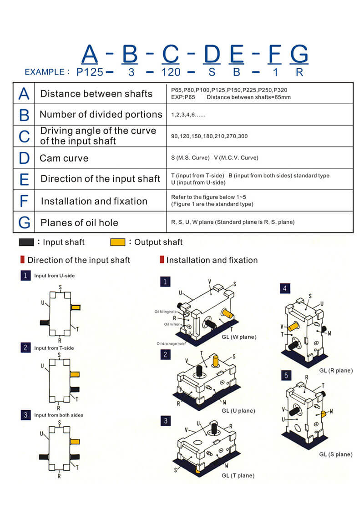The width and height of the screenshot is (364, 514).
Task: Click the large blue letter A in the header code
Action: (90, 54)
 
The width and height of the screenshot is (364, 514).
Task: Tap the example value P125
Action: (90, 72)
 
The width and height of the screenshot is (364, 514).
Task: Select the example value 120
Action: (171, 72)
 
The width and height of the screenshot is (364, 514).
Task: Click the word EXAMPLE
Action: (45, 72)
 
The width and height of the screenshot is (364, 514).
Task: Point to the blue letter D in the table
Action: (24, 158)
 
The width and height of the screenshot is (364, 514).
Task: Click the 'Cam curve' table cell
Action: (64, 158)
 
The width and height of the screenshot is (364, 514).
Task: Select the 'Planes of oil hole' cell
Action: (79, 222)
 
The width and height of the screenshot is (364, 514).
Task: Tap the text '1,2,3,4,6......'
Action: (188, 115)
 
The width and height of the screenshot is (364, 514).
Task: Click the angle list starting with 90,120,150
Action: (209, 136)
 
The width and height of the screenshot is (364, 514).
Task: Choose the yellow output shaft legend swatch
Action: (118, 242)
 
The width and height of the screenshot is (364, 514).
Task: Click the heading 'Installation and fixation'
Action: (212, 260)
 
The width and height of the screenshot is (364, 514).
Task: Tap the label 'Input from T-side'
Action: (54, 348)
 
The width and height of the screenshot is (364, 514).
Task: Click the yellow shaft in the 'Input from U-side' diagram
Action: (76, 307)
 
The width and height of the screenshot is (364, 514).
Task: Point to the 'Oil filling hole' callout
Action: (165, 312)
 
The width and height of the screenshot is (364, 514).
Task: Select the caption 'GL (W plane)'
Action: (239, 337)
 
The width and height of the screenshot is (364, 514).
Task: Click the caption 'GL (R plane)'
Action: (336, 370)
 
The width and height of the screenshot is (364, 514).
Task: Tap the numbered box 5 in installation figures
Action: (286, 375)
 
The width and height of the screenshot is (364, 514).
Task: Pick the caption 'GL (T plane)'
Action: (238, 475)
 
